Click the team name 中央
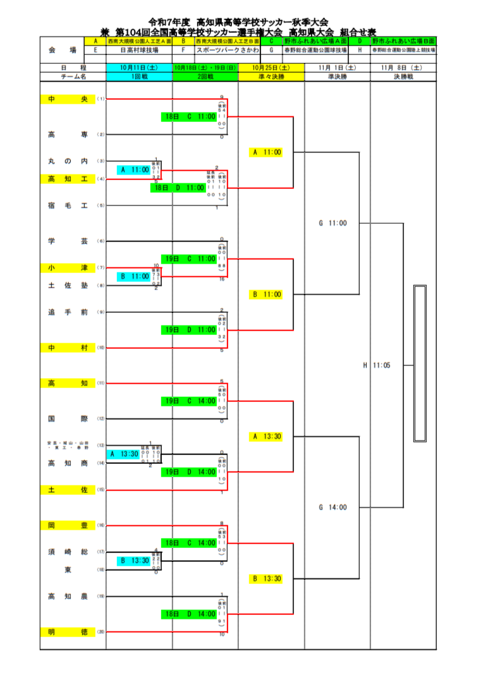(68, 99)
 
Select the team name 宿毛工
(68, 205)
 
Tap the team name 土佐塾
(68, 286)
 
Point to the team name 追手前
(68, 312)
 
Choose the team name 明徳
(68, 631)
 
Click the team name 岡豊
(68, 525)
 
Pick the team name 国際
(68, 418)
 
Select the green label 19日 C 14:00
(188, 401)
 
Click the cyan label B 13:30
(135, 560)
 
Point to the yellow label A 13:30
(266, 436)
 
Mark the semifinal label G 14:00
(333, 507)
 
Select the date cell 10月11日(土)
(139, 67)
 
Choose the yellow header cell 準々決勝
(271, 76)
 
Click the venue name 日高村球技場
(139, 49)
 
